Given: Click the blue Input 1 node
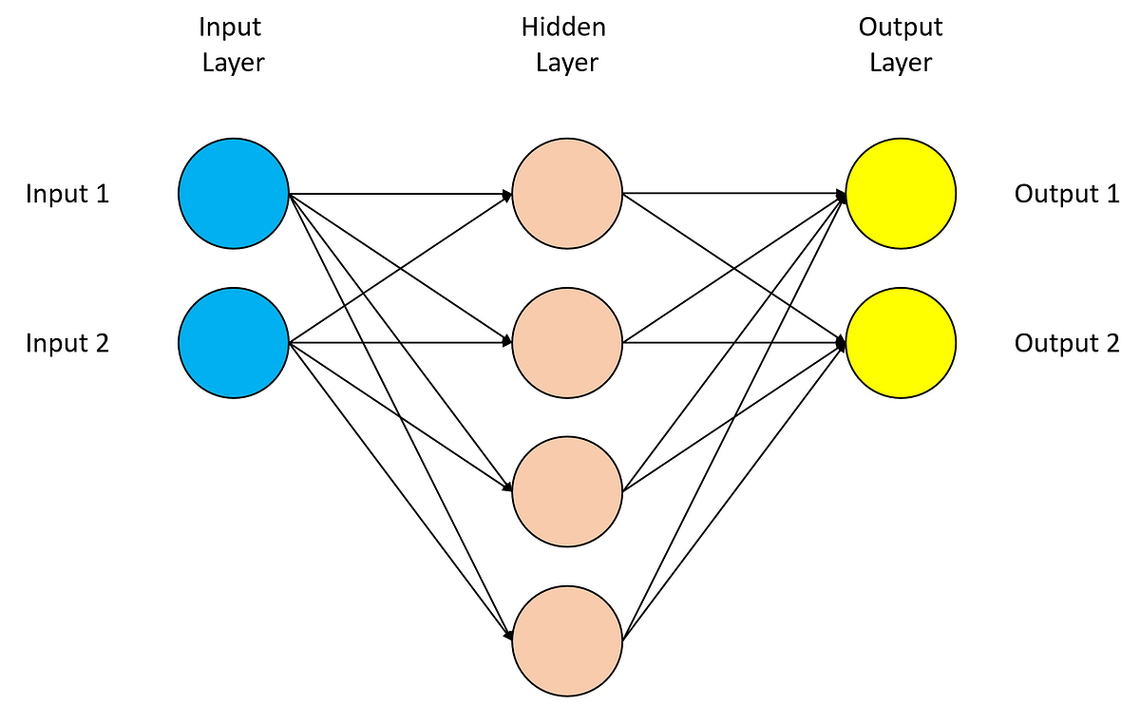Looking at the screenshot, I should tap(234, 194).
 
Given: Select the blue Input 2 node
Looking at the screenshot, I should tap(234, 342).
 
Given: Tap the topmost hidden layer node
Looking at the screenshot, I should tap(567, 194).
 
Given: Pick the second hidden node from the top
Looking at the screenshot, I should tap(567, 342).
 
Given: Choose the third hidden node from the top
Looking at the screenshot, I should tap(567, 491).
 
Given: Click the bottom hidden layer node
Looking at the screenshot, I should tap(567, 640).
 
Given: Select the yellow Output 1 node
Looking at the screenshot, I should tap(901, 194).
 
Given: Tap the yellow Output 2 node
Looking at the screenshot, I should tap(901, 342).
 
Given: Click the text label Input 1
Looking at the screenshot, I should tap(67, 195).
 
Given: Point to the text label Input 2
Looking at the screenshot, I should tap(67, 343).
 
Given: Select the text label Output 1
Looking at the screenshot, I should tap(1067, 195).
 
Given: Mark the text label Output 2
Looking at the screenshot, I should tap(1067, 343).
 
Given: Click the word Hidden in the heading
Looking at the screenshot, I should tap(563, 28).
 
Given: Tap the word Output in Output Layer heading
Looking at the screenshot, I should tap(901, 28).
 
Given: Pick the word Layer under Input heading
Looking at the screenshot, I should tap(234, 64).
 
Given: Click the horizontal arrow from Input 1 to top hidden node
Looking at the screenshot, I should tap(399, 195).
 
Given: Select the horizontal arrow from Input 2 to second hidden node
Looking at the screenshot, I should tap(399, 343).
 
